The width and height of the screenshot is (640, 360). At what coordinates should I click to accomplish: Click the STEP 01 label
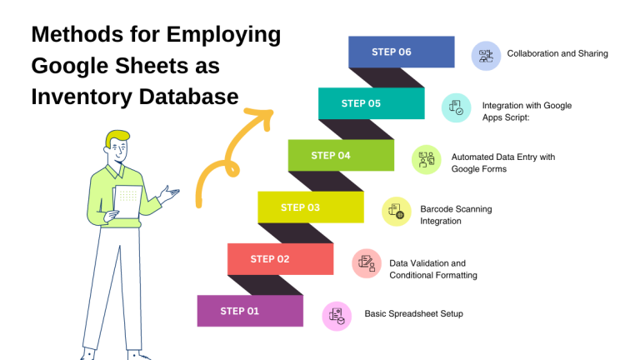[240, 311]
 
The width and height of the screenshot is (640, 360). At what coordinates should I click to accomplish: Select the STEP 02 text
[270, 259]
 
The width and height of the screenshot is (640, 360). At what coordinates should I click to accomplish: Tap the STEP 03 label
[300, 207]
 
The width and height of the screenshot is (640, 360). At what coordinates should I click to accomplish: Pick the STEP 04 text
[331, 156]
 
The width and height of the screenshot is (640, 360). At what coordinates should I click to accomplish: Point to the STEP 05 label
[361, 103]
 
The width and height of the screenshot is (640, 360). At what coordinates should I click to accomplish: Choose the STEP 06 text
[392, 52]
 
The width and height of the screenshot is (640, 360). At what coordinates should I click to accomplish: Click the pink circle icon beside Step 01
[337, 316]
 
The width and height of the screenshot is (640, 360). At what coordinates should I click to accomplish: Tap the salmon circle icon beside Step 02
[367, 263]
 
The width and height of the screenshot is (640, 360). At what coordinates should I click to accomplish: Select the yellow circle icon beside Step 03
[397, 212]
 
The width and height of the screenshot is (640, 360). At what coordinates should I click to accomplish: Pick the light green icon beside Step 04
[427, 159]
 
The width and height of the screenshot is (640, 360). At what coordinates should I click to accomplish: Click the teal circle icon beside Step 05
[457, 107]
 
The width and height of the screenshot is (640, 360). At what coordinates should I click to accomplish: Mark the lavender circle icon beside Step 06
[486, 56]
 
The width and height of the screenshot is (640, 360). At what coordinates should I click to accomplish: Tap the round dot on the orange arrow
[232, 170]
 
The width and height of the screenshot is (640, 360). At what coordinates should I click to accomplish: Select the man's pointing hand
[170, 195]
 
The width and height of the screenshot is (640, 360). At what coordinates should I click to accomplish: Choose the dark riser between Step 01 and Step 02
[266, 285]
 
